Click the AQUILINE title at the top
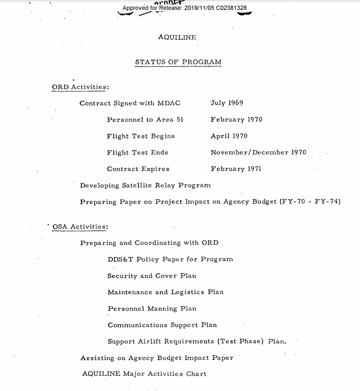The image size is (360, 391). point(177,37)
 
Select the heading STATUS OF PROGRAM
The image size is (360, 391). point(178,62)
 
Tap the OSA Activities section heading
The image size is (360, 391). point(80,227)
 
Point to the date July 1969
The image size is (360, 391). point(227,103)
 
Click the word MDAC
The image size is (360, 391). point(169,103)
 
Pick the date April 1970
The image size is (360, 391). point(229,136)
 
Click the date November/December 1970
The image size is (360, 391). point(258,153)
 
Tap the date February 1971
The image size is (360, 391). point(236,169)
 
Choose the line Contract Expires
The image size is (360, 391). point(138,169)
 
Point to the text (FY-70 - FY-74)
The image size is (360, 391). point(310,202)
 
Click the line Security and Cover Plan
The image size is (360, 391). point(151,276)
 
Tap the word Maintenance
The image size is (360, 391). point(130,292)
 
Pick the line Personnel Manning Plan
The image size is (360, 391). point(152,309)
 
